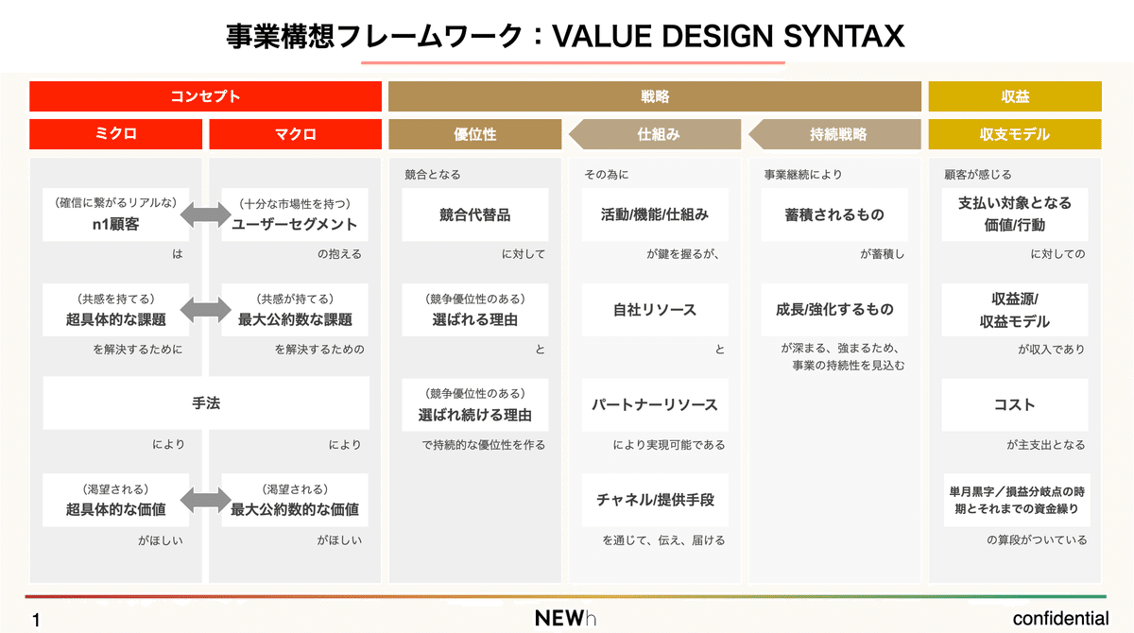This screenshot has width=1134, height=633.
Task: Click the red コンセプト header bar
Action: (x=205, y=96)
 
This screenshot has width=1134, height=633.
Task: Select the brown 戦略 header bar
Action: (x=654, y=96)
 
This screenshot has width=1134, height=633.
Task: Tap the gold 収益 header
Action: (x=1015, y=96)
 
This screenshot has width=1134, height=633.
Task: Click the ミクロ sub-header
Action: (x=115, y=134)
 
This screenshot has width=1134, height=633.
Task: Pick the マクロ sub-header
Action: (x=295, y=134)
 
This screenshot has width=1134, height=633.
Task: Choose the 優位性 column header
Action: (x=474, y=134)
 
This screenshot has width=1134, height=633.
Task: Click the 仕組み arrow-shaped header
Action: (x=658, y=134)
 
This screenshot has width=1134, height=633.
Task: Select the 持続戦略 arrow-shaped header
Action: (x=837, y=134)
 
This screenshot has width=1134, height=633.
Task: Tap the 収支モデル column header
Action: (x=1015, y=134)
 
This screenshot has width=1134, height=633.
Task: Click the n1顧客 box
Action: (x=116, y=215)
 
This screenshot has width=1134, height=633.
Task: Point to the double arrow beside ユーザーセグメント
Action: (x=205, y=215)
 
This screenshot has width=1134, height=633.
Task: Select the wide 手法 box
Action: (x=205, y=403)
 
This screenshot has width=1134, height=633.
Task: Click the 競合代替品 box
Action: (x=474, y=215)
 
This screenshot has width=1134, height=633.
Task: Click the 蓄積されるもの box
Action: (x=834, y=215)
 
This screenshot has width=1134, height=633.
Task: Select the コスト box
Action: (x=1015, y=404)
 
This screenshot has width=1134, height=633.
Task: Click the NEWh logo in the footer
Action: (x=565, y=619)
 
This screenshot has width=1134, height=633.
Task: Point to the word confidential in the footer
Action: (x=1060, y=619)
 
